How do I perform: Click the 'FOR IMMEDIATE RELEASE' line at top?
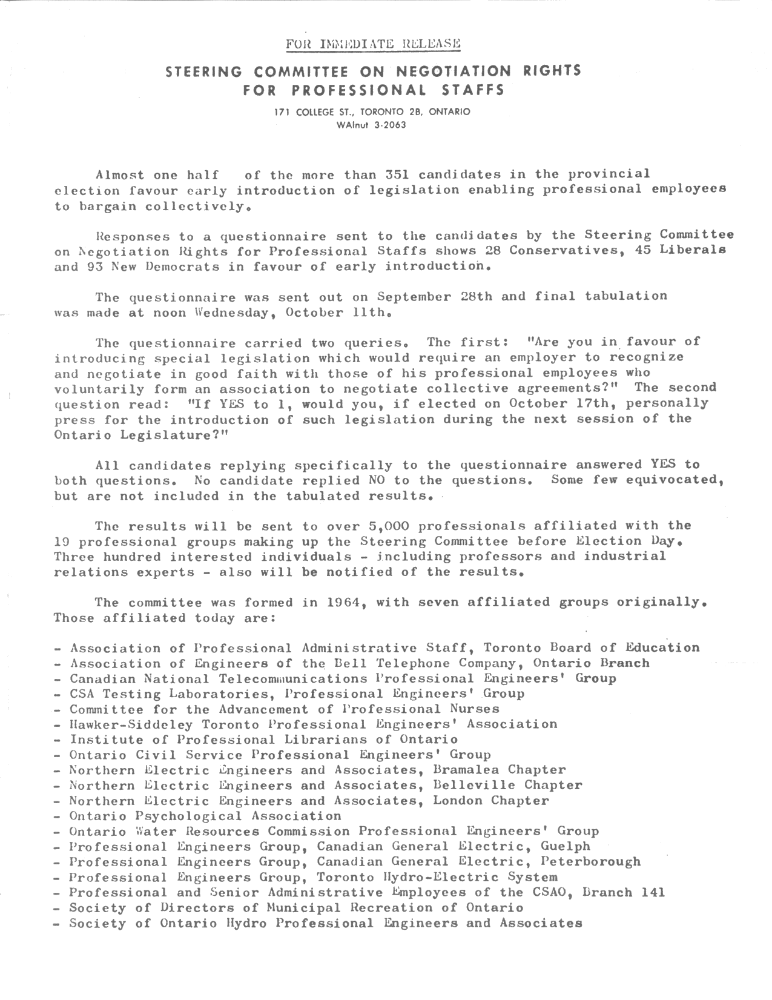pos(373,44)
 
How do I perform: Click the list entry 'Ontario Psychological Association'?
pos(205,816)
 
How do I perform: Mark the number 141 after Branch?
pos(652,893)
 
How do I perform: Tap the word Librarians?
pos(326,740)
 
